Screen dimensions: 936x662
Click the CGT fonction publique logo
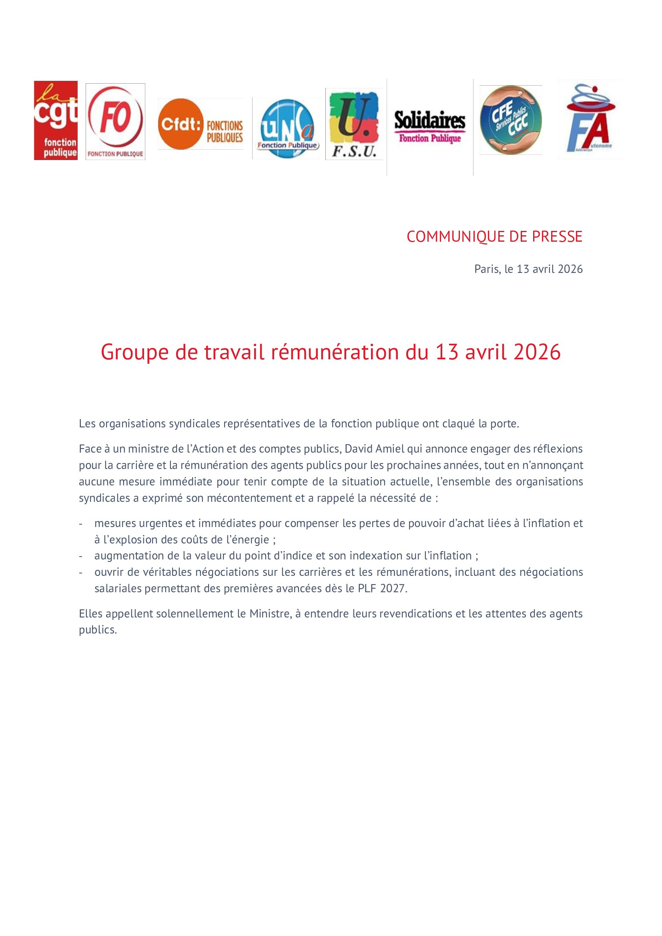click(56, 120)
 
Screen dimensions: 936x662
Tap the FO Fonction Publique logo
click(115, 122)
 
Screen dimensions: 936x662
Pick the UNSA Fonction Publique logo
click(286, 129)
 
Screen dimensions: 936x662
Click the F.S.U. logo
click(354, 124)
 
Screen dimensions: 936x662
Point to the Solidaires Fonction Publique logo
click(429, 127)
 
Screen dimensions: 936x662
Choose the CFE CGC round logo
click(510, 120)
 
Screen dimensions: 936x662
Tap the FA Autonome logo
click(590, 119)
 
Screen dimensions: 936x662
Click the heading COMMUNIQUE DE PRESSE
click(494, 237)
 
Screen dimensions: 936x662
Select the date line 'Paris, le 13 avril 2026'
click(528, 269)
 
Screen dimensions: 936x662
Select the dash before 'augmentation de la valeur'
click(81, 556)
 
